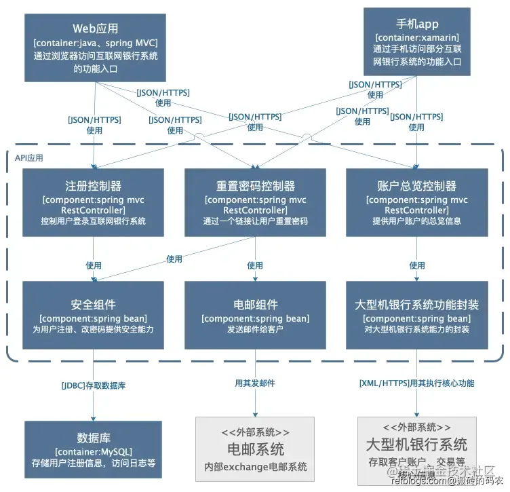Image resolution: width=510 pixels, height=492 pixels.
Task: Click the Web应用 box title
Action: tap(96, 29)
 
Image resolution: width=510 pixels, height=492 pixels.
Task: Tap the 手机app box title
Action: tap(416, 24)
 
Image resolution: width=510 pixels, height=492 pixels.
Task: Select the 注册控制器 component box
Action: tap(93, 202)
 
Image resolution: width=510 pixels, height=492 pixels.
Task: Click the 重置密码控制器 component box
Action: tap(255, 202)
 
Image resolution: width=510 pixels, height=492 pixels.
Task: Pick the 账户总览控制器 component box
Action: tap(416, 202)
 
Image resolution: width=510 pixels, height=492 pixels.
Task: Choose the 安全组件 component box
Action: tap(93, 315)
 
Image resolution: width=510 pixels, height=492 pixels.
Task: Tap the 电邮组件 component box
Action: tap(255, 315)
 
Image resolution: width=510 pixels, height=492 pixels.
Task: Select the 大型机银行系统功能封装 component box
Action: tap(416, 315)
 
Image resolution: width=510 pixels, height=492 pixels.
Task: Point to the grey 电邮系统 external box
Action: tap(255, 448)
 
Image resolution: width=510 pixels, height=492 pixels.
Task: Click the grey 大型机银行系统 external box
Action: tap(416, 448)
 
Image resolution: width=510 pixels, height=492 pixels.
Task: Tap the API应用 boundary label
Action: tap(29, 157)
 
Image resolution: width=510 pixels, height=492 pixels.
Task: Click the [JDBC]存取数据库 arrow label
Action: tap(94, 385)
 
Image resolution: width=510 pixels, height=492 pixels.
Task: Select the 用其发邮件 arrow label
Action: tap(255, 383)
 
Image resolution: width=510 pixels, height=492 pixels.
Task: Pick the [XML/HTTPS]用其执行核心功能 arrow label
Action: tap(416, 383)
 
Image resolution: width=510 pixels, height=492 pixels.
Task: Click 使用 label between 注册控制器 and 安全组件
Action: tap(94, 265)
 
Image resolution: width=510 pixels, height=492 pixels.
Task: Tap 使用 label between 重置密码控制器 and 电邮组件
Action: tap(255, 265)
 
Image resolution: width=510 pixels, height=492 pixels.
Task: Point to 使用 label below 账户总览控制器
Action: tap(416, 265)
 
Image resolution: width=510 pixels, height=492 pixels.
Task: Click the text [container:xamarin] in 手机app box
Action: tap(416, 37)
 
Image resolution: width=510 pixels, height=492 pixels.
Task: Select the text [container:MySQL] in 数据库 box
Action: tap(94, 451)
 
